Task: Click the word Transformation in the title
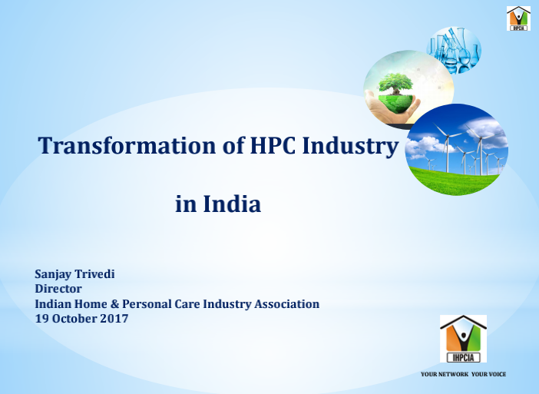(127, 145)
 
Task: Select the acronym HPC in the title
(273, 145)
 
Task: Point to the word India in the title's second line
(232, 204)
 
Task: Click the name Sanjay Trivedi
(74, 275)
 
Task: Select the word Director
(58, 289)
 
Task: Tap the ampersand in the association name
(114, 304)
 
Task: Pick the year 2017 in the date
(114, 319)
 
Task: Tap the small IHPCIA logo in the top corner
(518, 18)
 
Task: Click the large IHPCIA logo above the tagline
(463, 339)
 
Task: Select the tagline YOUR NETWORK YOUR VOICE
(464, 374)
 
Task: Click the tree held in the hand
(395, 83)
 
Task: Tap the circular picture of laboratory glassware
(454, 50)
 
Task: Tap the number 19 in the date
(41, 319)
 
